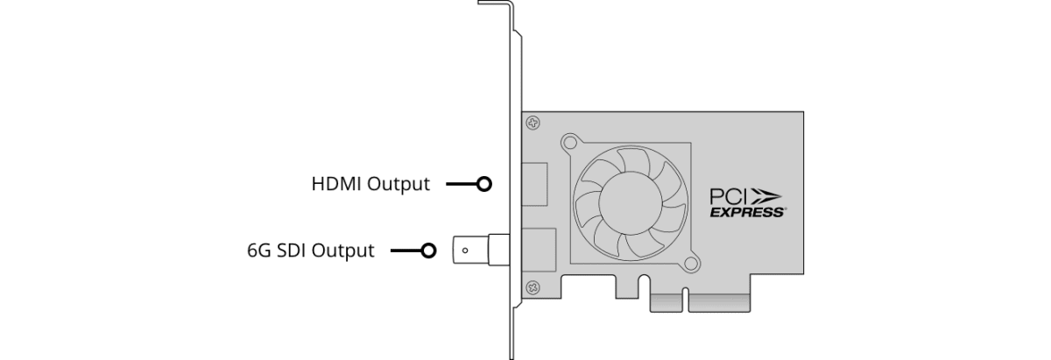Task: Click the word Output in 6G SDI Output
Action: [344, 251]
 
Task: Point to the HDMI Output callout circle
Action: [483, 185]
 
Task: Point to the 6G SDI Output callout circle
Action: [427, 251]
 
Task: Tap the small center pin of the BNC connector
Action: [464, 251]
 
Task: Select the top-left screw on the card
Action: [532, 124]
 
